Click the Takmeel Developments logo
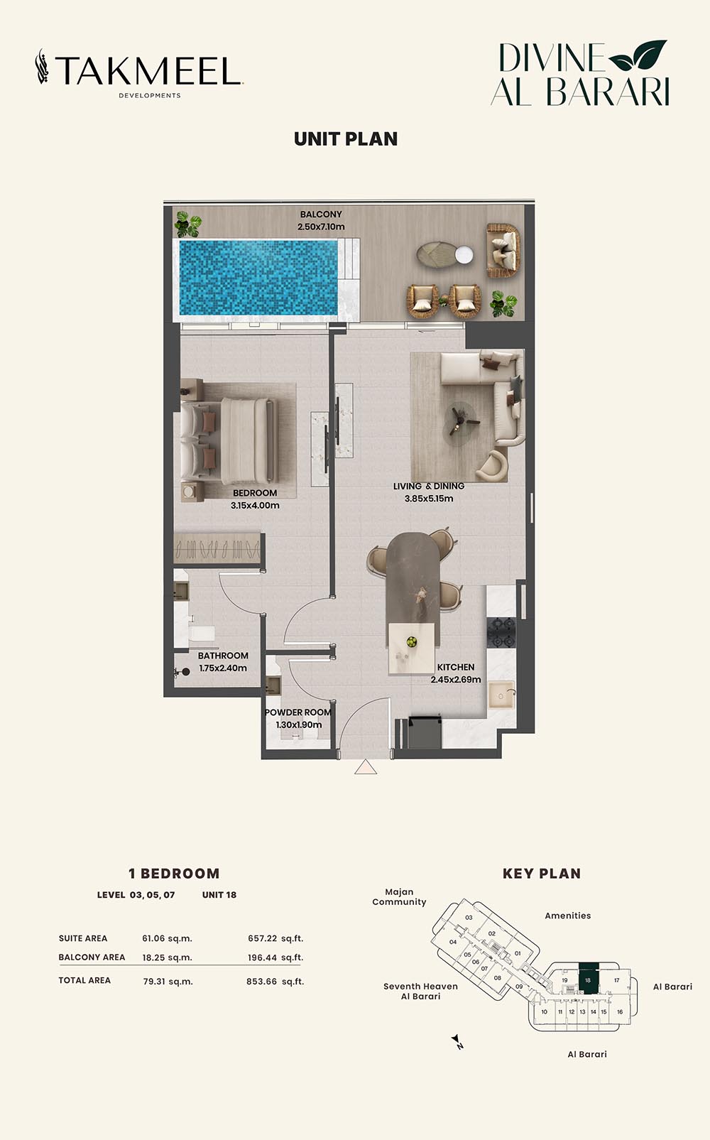[x=139, y=72]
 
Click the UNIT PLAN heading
[x=346, y=139]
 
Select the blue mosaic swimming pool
[x=258, y=278]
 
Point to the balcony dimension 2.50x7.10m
[x=321, y=227]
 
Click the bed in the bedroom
[x=229, y=440]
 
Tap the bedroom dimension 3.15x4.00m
[x=255, y=506]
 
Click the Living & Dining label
[x=429, y=486]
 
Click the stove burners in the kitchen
[x=501, y=633]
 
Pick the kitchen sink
[x=501, y=695]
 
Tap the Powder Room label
[x=298, y=712]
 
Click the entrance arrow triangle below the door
[x=366, y=767]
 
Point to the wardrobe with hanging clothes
[x=217, y=548]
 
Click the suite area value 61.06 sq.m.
[x=168, y=938]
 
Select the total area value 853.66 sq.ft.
[x=275, y=982]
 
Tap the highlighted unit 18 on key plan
[x=589, y=978]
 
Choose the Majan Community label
[x=399, y=897]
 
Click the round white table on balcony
[x=464, y=255]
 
